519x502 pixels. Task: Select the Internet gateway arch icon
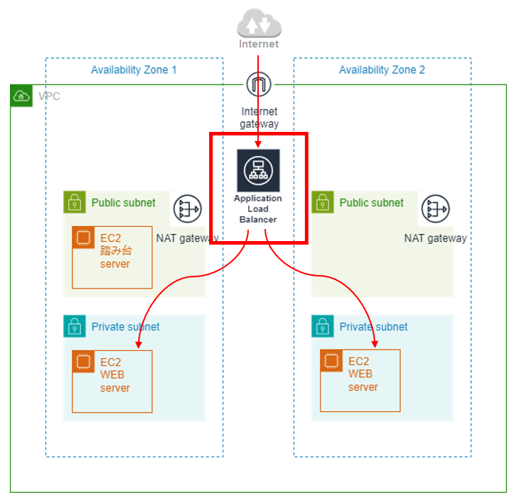[259, 85]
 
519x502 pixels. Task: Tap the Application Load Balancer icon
[258, 170]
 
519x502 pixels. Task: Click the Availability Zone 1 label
[134, 70]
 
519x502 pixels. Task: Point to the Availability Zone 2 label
[382, 70]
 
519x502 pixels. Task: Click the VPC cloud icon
[22, 96]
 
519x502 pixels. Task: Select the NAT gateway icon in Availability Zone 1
[188, 209]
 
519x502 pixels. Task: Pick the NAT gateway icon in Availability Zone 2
[435, 209]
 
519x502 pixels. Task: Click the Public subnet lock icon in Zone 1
[74, 203]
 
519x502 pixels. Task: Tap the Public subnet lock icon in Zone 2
[323, 203]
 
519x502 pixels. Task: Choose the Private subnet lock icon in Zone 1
[74, 327]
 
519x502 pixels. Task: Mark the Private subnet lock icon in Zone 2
[323, 327]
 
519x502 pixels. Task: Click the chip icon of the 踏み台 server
[84, 238]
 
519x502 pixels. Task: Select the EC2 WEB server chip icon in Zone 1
[84, 362]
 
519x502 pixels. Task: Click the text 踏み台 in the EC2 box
[115, 252]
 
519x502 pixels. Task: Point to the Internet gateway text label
[259, 118]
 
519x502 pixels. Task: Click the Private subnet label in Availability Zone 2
[374, 327]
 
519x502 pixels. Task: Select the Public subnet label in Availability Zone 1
[123, 203]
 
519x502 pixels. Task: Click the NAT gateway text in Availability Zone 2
[435, 238]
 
